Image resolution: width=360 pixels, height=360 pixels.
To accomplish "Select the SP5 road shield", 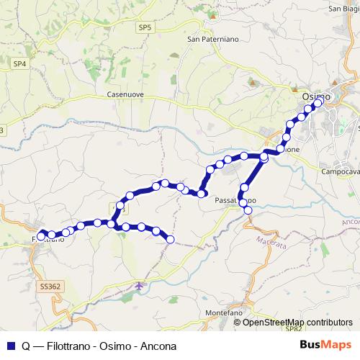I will [x=146, y=27].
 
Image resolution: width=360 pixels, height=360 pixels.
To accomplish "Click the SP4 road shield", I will [x=19, y=63].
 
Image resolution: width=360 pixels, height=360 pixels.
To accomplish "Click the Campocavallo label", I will [x=340, y=172].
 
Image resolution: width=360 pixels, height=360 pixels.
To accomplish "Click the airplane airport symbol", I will [x=140, y=287].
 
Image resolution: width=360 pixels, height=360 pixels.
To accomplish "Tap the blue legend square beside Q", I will [x=9, y=346].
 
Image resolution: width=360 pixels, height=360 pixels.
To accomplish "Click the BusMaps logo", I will [x=326, y=345].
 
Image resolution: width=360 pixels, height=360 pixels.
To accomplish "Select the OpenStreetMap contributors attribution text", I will [x=297, y=322].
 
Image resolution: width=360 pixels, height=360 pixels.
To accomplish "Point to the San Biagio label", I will [x=344, y=9].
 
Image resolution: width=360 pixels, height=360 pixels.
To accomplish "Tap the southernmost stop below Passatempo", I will [x=248, y=210].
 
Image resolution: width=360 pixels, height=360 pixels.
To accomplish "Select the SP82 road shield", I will [x=292, y=328].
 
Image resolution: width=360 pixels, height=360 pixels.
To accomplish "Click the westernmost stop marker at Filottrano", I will [x=42, y=235].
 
